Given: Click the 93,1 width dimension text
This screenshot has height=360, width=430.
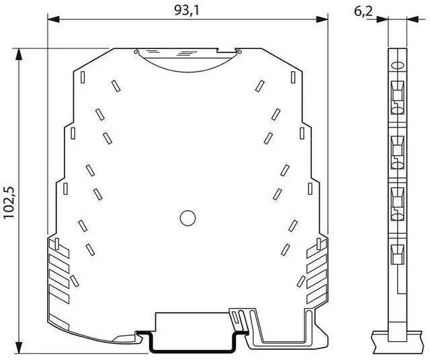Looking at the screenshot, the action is click(x=186, y=11).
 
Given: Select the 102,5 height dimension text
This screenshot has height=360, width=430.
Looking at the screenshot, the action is click(x=9, y=203).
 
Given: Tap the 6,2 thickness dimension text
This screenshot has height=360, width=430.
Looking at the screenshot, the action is click(x=363, y=11).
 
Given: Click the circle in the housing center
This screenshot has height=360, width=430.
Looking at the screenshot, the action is click(x=188, y=218).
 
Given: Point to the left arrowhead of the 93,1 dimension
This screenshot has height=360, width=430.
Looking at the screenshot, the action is click(x=54, y=19).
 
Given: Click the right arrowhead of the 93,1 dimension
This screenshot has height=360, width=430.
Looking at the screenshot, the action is click(x=322, y=19).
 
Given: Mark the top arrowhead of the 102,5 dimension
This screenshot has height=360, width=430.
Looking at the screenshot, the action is click(x=19, y=54).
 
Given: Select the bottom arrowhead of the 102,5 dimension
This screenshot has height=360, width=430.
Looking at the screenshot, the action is click(x=19, y=348).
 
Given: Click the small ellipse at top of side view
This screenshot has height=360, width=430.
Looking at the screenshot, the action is click(x=397, y=66).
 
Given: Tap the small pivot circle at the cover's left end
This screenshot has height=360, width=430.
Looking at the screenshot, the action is click(x=136, y=52).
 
